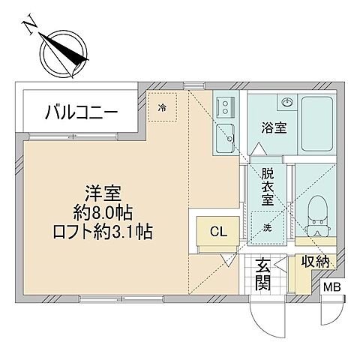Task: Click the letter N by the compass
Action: [x=28, y=27]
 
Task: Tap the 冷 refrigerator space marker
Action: [x=163, y=108]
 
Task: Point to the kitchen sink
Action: [x=226, y=137]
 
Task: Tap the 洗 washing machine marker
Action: [x=267, y=227]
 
